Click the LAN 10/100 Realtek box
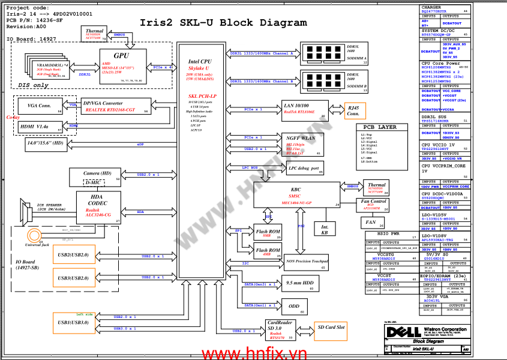click(x=305, y=110)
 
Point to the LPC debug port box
click(x=304, y=169)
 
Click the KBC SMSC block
click(x=296, y=196)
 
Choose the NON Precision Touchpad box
click(x=306, y=262)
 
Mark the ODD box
click(x=294, y=306)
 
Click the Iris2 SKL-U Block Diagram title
click(x=223, y=23)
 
